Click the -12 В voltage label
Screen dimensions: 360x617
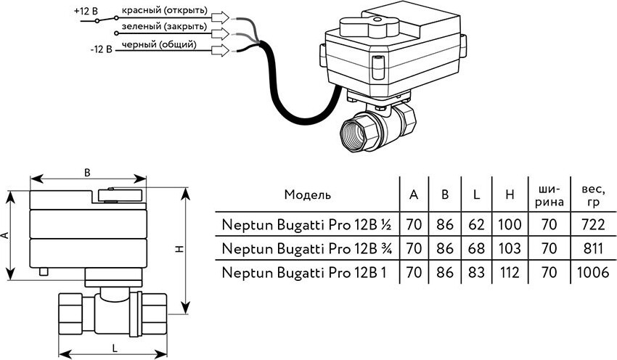100,49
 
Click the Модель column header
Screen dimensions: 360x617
307,195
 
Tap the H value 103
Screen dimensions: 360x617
509,249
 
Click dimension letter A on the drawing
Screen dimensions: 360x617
6,235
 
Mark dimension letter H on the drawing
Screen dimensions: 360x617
198,249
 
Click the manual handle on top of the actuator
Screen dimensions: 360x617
374,26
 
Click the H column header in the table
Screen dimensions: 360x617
509,195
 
